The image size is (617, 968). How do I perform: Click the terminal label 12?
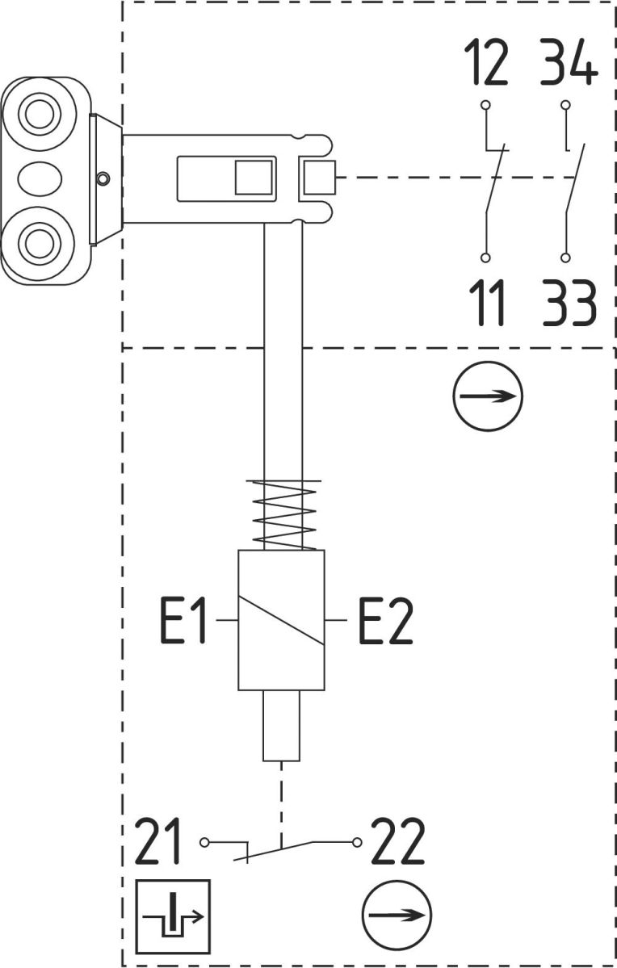coord(486,65)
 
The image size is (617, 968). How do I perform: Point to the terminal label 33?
coord(569,303)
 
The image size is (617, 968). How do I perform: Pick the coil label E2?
coord(385,621)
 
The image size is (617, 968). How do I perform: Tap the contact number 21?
coord(162,842)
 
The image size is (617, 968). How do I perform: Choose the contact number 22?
coord(397,842)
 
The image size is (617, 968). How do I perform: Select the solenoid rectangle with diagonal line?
coord(281,620)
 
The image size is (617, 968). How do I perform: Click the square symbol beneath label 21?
coord(173,916)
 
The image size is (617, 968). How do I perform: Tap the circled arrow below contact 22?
coord(396,915)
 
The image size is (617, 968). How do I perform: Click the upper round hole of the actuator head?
coord(36,113)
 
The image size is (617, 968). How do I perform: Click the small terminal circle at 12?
coord(485,105)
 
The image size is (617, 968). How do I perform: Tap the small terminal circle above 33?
coord(566,258)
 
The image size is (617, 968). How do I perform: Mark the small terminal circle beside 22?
coord(355,842)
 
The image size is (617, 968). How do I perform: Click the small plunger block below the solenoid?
coord(281,726)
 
